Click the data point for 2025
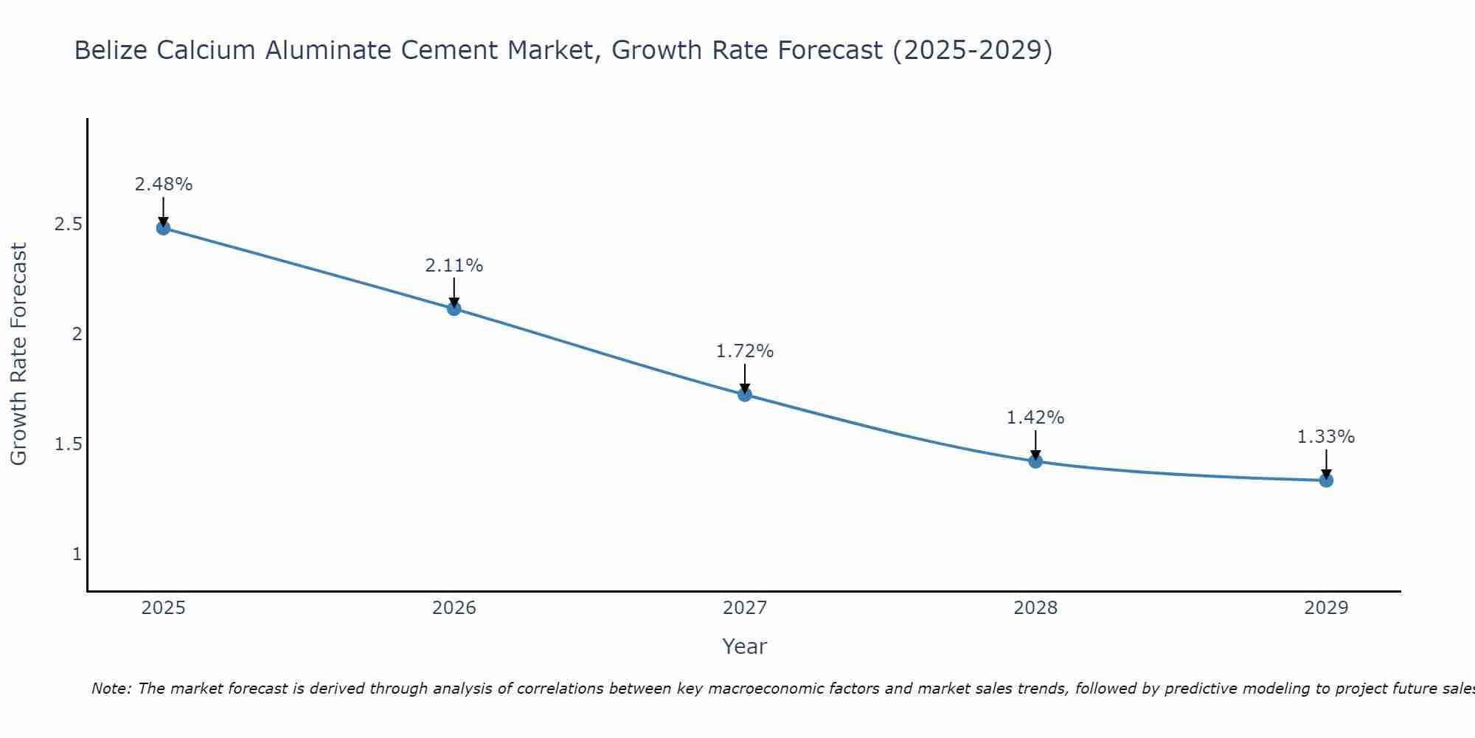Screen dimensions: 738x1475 coord(164,228)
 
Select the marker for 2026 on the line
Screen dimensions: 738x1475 coord(454,308)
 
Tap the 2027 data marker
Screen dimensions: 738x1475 coord(745,395)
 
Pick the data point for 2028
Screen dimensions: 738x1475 coord(1035,461)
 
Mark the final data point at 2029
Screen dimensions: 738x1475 coord(1326,480)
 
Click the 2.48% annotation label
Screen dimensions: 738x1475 coord(164,184)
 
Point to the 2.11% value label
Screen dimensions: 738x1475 coord(454,266)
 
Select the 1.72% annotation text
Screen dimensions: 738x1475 coord(745,351)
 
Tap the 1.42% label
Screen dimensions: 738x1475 coord(1035,418)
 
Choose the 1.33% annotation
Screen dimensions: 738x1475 coord(1326,437)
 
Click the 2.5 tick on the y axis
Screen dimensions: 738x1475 coord(68,224)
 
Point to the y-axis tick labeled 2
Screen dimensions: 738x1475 coord(77,334)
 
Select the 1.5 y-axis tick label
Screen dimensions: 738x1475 coord(68,444)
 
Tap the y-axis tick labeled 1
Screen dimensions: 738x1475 coord(77,554)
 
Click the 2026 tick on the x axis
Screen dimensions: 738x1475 coord(454,608)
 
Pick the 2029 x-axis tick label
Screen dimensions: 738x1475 coord(1326,608)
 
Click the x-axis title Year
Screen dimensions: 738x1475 coord(745,646)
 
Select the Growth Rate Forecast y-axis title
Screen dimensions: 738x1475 coord(19,354)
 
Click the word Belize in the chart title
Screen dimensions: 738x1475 coord(111,50)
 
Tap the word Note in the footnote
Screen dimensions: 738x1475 coord(111,689)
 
